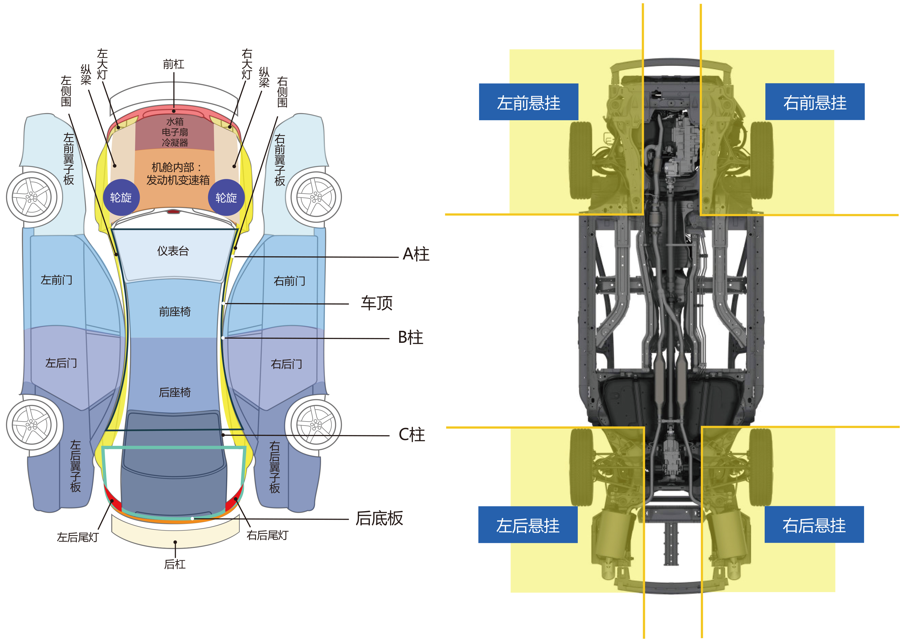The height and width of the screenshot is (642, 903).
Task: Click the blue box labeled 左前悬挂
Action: [528, 102]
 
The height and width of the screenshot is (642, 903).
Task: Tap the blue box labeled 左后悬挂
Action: [528, 525]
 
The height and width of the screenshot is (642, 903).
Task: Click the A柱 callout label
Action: [416, 254]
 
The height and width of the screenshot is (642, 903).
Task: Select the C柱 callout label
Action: [412, 435]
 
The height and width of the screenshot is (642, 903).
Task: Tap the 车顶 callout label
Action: [377, 303]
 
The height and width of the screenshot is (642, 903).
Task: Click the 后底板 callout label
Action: [379, 518]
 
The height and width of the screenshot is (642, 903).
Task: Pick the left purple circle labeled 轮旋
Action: [121, 197]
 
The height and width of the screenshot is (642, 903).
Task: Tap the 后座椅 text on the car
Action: [175, 392]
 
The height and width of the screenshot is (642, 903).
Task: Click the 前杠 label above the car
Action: [173, 64]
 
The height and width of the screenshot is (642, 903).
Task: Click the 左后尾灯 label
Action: [78, 537]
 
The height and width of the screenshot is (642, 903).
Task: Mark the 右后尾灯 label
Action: [267, 535]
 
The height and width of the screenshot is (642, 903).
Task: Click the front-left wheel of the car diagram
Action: [34, 197]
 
